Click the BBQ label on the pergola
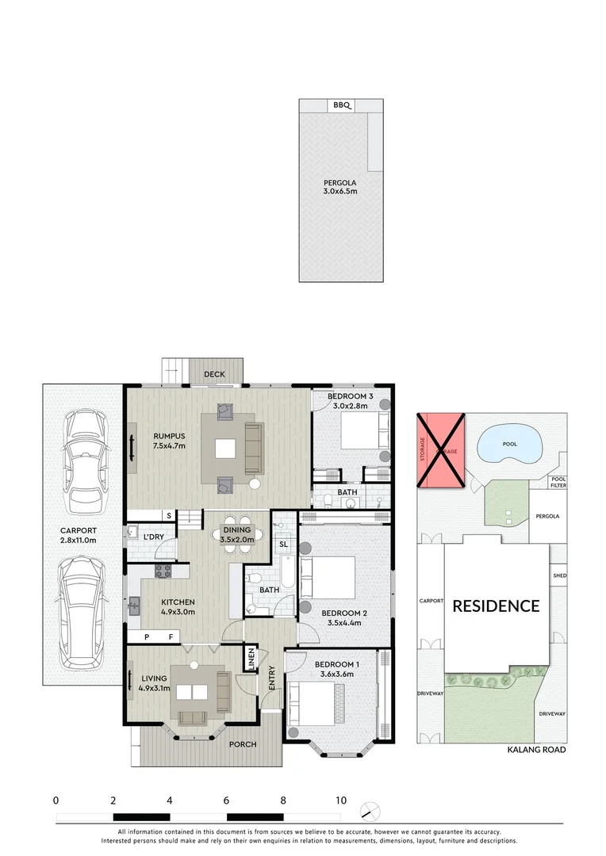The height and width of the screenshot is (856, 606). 341,105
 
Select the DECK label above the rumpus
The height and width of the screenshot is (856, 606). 214,374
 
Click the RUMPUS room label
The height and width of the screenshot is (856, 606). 169,440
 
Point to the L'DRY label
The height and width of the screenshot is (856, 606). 153,537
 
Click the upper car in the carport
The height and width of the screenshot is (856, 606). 82,460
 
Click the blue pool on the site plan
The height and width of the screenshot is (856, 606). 510,445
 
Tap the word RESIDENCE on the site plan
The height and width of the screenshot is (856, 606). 496,606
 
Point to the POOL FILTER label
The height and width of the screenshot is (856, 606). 559,482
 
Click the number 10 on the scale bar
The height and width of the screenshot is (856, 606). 340,801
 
